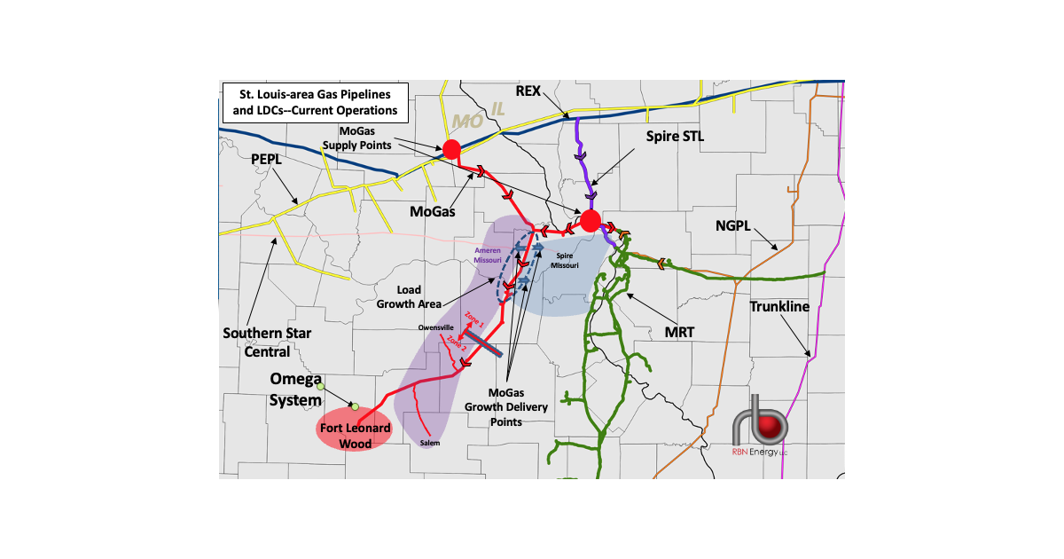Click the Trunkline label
tap(780, 307)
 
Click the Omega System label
tap(296, 390)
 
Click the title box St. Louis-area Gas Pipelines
tap(317, 102)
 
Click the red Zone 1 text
tap(473, 320)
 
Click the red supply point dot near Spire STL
tap(591, 221)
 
